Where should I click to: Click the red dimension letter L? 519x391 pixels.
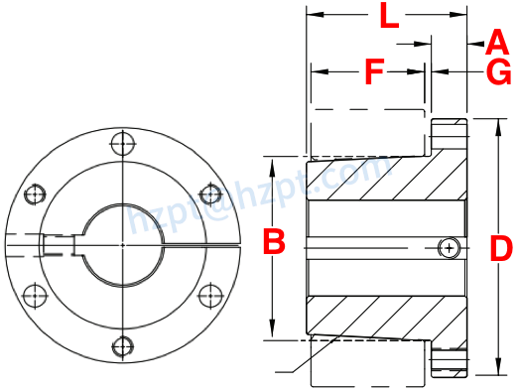click(x=389, y=17)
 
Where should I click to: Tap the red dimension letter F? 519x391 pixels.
click(x=373, y=71)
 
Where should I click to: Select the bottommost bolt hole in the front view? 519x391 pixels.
click(x=122, y=345)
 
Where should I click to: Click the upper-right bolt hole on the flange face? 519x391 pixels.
click(x=209, y=194)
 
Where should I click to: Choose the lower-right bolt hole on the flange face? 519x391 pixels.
click(x=209, y=295)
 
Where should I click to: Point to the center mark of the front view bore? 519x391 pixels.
click(x=122, y=244)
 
